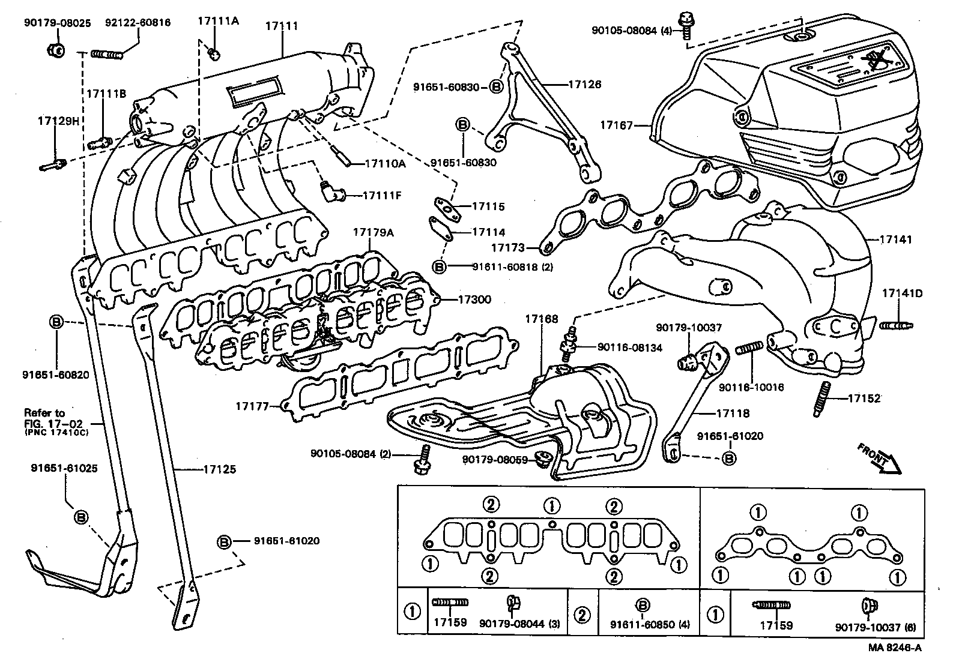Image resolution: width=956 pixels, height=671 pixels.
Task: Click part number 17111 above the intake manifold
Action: coord(282,26)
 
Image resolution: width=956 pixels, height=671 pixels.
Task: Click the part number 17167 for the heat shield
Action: coord(616,125)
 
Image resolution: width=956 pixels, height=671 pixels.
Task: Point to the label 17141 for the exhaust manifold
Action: coord(895,239)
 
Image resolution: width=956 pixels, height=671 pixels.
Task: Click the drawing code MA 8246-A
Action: coord(894,648)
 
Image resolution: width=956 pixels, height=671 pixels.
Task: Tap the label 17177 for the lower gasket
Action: coord(252,406)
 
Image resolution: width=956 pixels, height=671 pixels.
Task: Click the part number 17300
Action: coord(474,299)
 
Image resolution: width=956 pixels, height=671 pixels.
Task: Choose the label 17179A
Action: coord(373,232)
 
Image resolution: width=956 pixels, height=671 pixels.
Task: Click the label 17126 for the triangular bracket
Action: coord(584,85)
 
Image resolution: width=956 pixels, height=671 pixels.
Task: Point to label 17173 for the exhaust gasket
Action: coord(508,247)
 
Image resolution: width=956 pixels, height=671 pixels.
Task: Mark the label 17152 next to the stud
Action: coord(864,398)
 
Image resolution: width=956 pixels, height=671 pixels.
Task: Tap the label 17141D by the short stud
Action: coord(902,294)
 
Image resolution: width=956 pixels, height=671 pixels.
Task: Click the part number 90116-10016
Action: coord(751,388)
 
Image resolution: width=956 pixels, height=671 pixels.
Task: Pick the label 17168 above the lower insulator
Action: coord(542,319)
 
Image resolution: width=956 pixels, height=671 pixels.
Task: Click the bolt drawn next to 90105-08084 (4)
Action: coord(685,23)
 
